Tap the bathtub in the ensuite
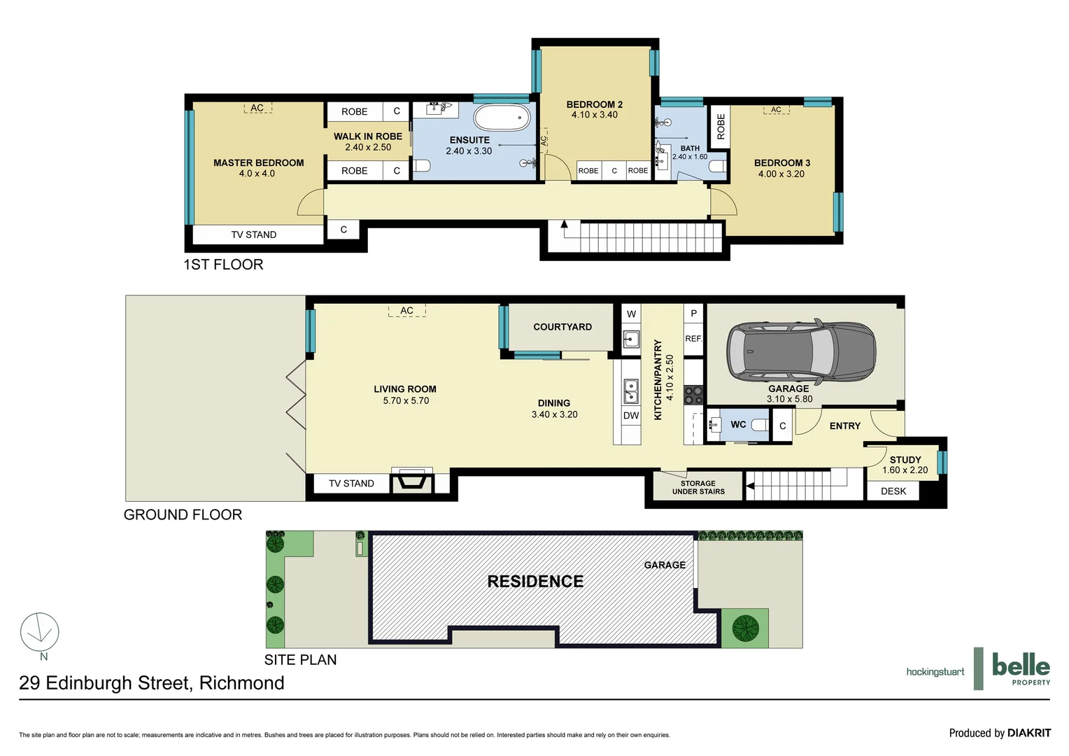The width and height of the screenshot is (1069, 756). (502, 118)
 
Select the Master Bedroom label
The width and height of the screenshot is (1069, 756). (258, 162)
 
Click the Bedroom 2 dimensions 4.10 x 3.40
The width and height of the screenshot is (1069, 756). (594, 115)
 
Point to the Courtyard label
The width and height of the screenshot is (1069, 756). (562, 327)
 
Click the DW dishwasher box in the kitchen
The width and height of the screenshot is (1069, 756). (630, 415)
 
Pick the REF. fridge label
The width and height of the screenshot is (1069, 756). (693, 339)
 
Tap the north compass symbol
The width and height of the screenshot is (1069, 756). (40, 633)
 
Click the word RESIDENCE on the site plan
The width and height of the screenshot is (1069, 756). (535, 582)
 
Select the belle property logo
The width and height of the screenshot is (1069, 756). (1020, 668)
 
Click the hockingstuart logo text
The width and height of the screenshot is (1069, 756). (935, 672)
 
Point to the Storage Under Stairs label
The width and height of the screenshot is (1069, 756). (698, 487)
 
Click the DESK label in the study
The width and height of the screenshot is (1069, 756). (893, 491)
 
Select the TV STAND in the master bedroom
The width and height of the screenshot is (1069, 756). (253, 234)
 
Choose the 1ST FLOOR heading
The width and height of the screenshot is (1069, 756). (223, 265)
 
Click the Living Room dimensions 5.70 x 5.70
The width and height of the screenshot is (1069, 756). (406, 400)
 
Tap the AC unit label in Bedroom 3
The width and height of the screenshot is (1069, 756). (776, 110)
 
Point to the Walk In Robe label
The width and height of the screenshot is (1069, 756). (367, 136)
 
